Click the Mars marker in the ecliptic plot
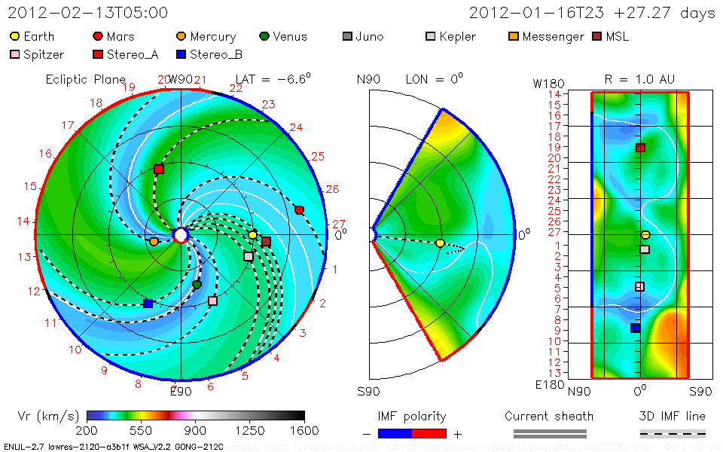(x=300, y=209)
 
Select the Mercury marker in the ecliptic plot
(x=154, y=242)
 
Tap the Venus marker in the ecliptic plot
(x=197, y=285)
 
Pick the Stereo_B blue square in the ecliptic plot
(x=148, y=304)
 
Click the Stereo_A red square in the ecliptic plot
(x=159, y=169)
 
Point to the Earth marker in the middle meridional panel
(x=441, y=243)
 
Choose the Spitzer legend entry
(x=38, y=54)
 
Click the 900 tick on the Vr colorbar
(x=196, y=430)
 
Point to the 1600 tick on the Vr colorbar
(x=304, y=430)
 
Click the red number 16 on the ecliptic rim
(x=46, y=154)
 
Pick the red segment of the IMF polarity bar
(x=429, y=433)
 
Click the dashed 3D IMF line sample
(x=673, y=433)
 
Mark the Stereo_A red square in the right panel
(x=640, y=148)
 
